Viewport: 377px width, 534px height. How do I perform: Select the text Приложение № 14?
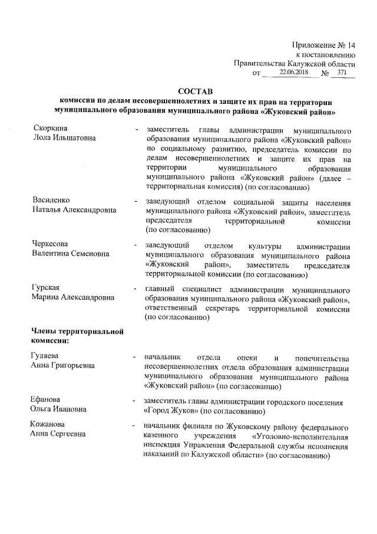[324, 45]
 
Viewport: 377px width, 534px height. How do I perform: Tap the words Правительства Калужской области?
[295, 63]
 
